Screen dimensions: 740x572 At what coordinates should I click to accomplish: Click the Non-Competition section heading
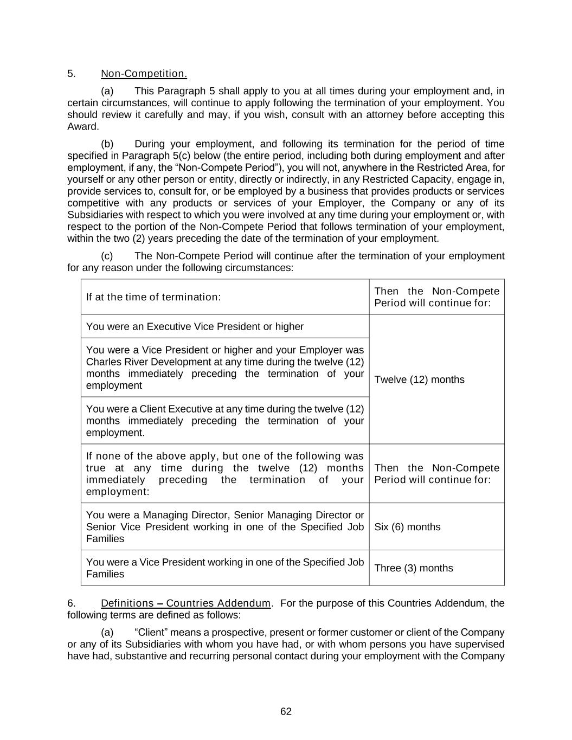point(144,74)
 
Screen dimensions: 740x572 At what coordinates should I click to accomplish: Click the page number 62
point(286,711)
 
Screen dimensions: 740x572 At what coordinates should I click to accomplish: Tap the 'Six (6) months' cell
point(407,527)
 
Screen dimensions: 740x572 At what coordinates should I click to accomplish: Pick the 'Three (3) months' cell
point(413,568)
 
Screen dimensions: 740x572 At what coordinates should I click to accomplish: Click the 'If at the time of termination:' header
point(153,297)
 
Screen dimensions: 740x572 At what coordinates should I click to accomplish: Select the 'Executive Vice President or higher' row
point(195,326)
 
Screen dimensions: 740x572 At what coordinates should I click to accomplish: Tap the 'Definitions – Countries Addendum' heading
point(185,603)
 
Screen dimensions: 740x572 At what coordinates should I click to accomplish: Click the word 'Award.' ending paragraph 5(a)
point(83,127)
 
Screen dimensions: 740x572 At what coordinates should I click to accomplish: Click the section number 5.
point(71,74)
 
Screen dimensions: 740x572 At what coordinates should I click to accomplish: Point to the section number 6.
point(71,603)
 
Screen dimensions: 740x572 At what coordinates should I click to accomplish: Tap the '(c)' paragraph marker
point(107,256)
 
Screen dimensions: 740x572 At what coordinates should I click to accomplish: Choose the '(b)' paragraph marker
point(107,144)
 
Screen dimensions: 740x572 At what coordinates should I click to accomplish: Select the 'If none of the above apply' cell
point(224,474)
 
